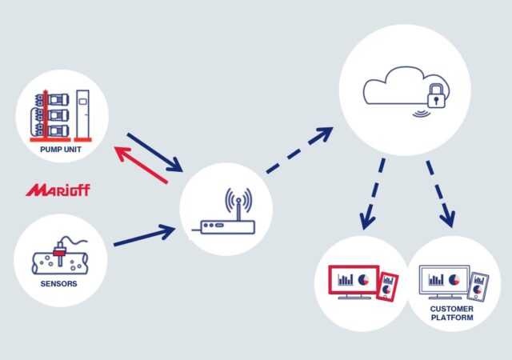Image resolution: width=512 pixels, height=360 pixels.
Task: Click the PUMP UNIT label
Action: pyautogui.click(x=61, y=150)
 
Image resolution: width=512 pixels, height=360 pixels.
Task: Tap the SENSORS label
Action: pyautogui.click(x=58, y=283)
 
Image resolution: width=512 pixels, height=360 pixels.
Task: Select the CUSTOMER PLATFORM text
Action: pyautogui.click(x=451, y=313)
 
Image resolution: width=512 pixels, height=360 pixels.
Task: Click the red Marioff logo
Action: pyautogui.click(x=58, y=190)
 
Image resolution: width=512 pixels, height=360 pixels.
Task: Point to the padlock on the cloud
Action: pyautogui.click(x=436, y=96)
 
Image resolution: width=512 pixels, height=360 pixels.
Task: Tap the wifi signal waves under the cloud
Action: pyautogui.click(x=421, y=114)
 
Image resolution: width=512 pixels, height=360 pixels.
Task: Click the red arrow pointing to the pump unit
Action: pyautogui.click(x=141, y=165)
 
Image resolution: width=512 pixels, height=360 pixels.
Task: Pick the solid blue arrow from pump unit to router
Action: pyautogui.click(x=154, y=152)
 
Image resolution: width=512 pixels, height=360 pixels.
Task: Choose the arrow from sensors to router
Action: pyautogui.click(x=145, y=235)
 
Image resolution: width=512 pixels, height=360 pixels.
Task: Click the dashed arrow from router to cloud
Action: pyautogui.click(x=299, y=150)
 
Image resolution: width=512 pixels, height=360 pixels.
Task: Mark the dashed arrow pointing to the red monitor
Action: pyautogui.click(x=373, y=194)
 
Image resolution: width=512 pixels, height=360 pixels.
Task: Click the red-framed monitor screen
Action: pyautogui.click(x=354, y=282)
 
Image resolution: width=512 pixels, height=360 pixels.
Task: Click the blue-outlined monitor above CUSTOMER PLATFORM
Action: pyautogui.click(x=445, y=282)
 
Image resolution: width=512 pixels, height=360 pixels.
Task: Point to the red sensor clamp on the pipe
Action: pyautogui.click(x=60, y=252)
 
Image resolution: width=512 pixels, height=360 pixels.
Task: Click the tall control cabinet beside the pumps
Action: pyautogui.click(x=82, y=115)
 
